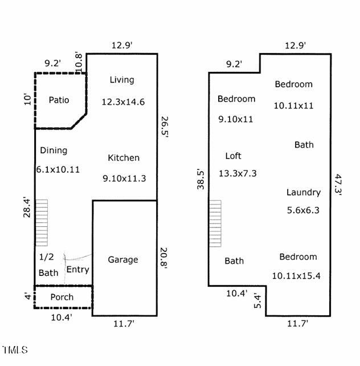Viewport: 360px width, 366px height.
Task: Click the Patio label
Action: click(59, 100)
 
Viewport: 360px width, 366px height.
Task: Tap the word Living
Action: click(122, 80)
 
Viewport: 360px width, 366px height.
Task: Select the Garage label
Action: click(123, 260)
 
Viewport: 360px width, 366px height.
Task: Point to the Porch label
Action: click(62, 297)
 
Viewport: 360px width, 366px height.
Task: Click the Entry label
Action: click(77, 270)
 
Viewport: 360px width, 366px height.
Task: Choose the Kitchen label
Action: click(124, 158)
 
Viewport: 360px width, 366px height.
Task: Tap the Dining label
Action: click(54, 151)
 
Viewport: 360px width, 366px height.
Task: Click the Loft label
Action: click(233, 156)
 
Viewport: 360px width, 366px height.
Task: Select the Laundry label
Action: click(304, 192)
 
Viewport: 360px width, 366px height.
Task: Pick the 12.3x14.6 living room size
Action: click(123, 102)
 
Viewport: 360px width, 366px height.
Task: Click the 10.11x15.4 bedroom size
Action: click(296, 276)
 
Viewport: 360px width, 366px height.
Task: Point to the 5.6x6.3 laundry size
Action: click(303, 210)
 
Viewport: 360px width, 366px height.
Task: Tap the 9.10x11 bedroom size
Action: click(235, 120)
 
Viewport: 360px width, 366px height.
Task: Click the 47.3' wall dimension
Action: click(338, 184)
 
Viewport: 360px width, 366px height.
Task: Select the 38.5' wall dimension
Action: click(201, 179)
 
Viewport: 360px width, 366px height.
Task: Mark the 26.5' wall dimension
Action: click(165, 127)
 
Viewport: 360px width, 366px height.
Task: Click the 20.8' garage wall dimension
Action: click(163, 259)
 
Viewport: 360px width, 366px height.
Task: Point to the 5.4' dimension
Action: click(257, 301)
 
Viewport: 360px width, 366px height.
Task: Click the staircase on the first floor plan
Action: click(42, 223)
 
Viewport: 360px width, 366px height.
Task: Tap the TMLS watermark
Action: click(15, 350)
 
